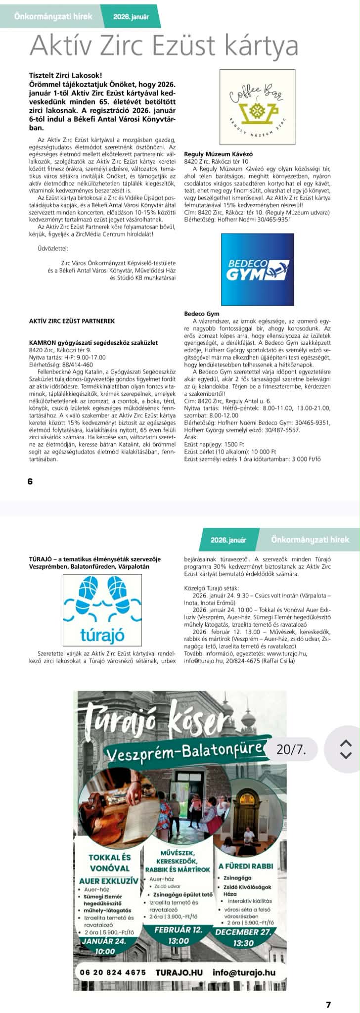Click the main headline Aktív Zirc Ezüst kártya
click(x=164, y=46)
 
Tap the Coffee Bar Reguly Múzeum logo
click(x=258, y=106)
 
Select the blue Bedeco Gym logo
click(x=257, y=269)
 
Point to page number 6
click(x=30, y=481)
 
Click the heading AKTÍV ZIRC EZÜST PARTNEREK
click(x=72, y=321)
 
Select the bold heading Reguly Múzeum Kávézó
click(x=212, y=154)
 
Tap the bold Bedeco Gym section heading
click(x=201, y=314)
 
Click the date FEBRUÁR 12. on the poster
click(x=179, y=929)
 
